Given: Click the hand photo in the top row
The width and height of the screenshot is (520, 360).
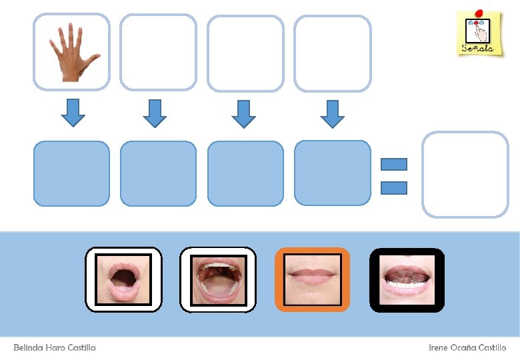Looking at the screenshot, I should point(72,52).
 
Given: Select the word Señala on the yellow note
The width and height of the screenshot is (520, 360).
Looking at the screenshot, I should point(478,48).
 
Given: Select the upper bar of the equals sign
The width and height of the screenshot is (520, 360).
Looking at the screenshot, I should point(393,164).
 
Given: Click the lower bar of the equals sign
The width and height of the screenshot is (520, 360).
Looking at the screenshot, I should point(393,187).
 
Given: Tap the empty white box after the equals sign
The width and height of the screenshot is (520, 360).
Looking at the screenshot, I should point(465,174).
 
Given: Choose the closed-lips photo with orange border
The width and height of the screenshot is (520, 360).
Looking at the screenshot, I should point(312,279).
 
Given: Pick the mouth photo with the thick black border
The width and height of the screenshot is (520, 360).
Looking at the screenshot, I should point(407,279).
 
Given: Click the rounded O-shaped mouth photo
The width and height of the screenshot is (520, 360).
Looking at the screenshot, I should point(123,279).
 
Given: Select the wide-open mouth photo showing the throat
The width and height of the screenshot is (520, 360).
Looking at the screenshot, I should point(218,279).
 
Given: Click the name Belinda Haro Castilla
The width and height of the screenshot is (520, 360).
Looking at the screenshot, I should point(55,348).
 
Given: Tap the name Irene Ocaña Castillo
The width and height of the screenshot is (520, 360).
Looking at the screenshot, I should point(467,348).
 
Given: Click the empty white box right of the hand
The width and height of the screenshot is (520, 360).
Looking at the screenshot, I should point(158,52).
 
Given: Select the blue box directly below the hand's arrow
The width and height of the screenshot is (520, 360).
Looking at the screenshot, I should point(71,173).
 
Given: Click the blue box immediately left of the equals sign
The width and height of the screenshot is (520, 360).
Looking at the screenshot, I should point(332,173).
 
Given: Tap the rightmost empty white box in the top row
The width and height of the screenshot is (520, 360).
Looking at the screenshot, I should point(332,53).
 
